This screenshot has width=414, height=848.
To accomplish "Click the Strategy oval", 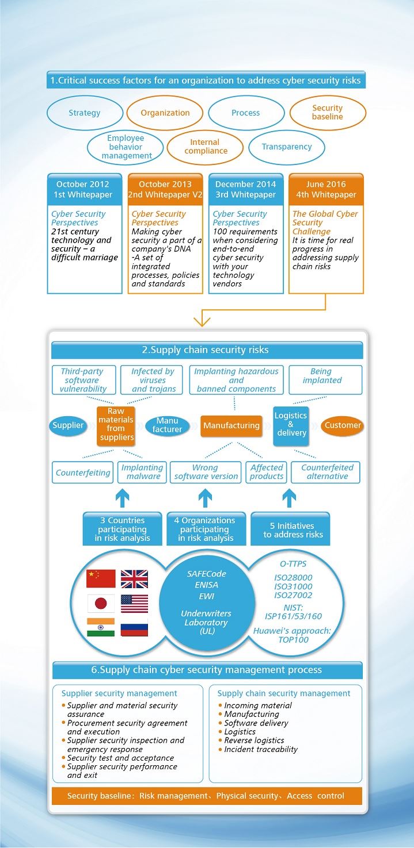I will click(x=84, y=113).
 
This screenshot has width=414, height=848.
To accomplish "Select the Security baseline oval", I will click(x=328, y=113).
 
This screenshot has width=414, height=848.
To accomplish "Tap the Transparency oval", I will click(x=286, y=147).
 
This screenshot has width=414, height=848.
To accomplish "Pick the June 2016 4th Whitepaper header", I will click(x=326, y=190).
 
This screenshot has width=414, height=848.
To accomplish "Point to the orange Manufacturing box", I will click(x=231, y=426).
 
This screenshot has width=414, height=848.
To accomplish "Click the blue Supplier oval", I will click(x=68, y=426).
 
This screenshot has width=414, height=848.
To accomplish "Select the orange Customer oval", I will click(x=342, y=425).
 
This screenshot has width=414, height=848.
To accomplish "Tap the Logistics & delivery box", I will click(x=291, y=424).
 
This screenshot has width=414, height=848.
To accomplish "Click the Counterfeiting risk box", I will click(x=83, y=473).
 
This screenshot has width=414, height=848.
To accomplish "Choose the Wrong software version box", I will click(x=206, y=473).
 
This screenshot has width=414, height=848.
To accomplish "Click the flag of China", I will click(x=101, y=578).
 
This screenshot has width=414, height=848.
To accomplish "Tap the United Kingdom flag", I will click(x=134, y=578).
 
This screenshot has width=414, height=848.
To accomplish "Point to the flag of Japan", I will click(x=101, y=604).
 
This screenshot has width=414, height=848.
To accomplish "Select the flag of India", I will click(x=101, y=627).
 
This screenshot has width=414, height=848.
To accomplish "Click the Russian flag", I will click(x=134, y=630).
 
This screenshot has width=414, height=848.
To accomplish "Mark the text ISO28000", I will click(x=293, y=577).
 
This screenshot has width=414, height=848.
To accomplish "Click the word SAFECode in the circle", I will click(x=206, y=574).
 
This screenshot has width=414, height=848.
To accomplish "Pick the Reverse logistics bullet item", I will click(x=254, y=740).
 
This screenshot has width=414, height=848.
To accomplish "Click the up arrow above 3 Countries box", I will click(x=122, y=498).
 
